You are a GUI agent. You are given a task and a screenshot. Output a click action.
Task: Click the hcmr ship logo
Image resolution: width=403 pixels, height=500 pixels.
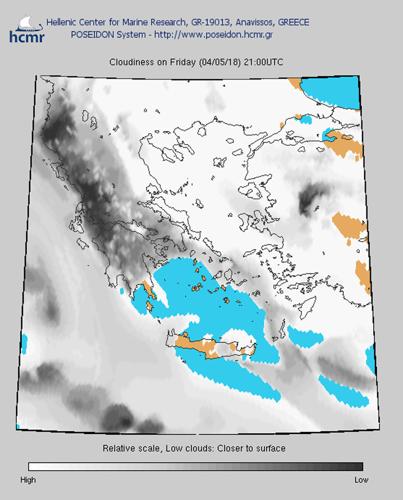click(27, 29)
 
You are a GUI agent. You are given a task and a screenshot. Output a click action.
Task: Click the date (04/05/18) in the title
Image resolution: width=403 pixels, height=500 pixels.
click(219, 62)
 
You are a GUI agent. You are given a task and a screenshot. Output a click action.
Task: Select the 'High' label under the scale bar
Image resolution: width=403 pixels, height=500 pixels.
click(28, 480)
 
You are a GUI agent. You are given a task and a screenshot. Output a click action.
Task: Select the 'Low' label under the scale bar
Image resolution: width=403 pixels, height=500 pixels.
click(361, 480)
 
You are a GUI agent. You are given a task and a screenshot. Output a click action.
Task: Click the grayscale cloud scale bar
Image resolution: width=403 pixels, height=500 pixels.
click(195, 466)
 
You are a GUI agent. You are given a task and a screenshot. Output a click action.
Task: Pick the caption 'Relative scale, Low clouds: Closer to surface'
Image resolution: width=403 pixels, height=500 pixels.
click(194, 449)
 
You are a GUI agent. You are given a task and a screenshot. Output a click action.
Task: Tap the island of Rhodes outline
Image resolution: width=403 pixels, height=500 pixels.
click(308, 307)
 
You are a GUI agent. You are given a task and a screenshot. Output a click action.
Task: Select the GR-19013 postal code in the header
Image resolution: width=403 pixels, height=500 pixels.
click(208, 23)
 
